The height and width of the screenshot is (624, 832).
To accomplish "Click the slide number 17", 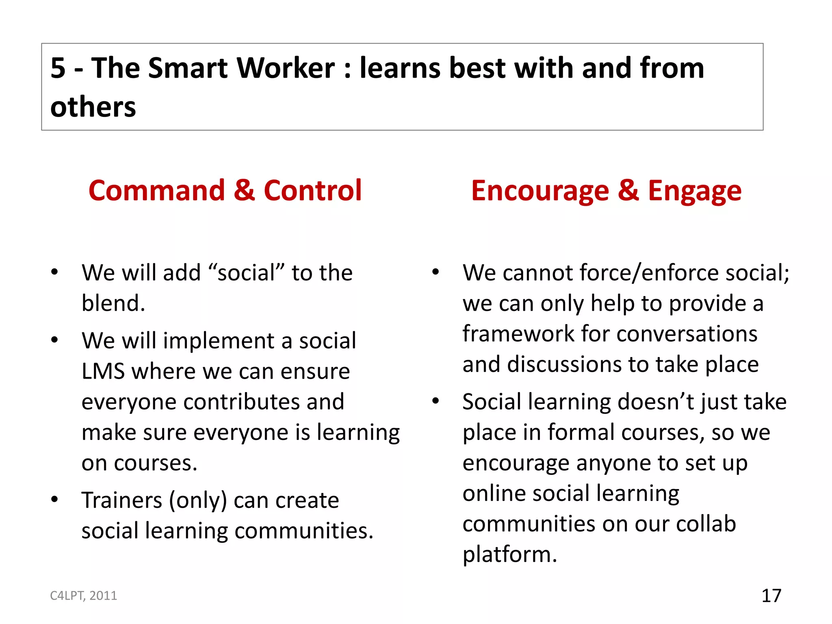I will click(771, 596).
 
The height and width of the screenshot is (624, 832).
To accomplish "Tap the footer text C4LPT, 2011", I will click(83, 596).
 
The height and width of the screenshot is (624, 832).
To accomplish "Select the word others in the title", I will click(93, 107).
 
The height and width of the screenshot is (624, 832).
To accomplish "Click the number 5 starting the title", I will click(58, 68).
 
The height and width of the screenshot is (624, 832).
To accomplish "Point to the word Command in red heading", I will click(156, 191).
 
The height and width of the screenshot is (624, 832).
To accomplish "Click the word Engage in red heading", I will click(694, 191).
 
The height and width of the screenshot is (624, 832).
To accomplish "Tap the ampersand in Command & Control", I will click(244, 191).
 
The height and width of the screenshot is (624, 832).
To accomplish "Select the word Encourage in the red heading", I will click(540, 191).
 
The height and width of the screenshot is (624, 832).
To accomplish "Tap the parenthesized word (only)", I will click(198, 500).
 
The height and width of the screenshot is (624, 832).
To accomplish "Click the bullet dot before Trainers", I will click(54, 499).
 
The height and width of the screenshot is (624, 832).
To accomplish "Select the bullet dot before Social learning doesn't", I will click(435, 401).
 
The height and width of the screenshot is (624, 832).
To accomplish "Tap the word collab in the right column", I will click(706, 524).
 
